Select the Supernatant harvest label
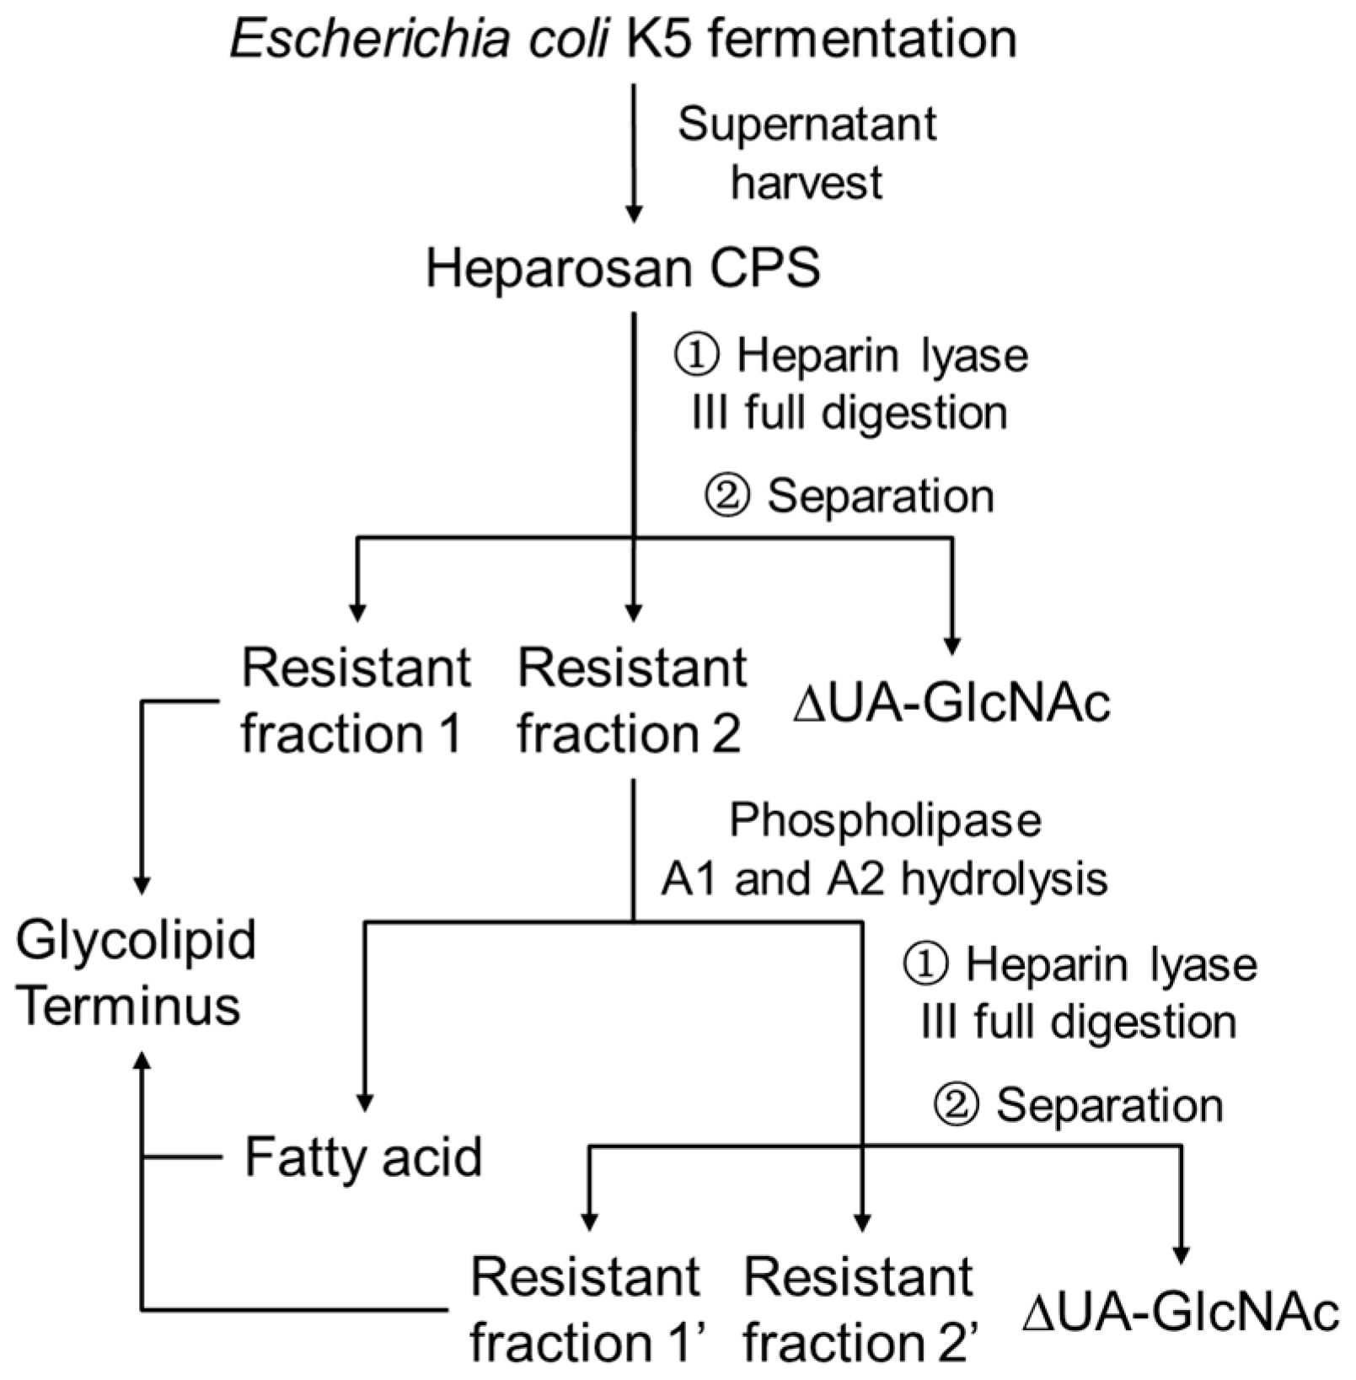pyautogui.click(x=807, y=153)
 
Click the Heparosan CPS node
pyautogui.click(x=623, y=269)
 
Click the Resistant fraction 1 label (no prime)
pyautogui.click(x=355, y=700)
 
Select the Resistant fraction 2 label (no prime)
pyautogui.click(x=631, y=700)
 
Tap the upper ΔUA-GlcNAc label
pyautogui.click(x=951, y=703)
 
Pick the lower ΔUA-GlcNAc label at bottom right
pyautogui.click(x=1181, y=1313)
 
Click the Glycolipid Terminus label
pyautogui.click(x=135, y=972)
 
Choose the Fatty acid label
pyautogui.click(x=363, y=1157)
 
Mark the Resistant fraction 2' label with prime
pyautogui.click(x=860, y=1309)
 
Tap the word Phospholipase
pyautogui.click(x=885, y=820)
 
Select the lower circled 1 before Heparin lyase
pyautogui.click(x=926, y=964)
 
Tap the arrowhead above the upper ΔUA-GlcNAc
pyautogui.click(x=952, y=647)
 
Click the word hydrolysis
pyautogui.click(x=1004, y=879)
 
